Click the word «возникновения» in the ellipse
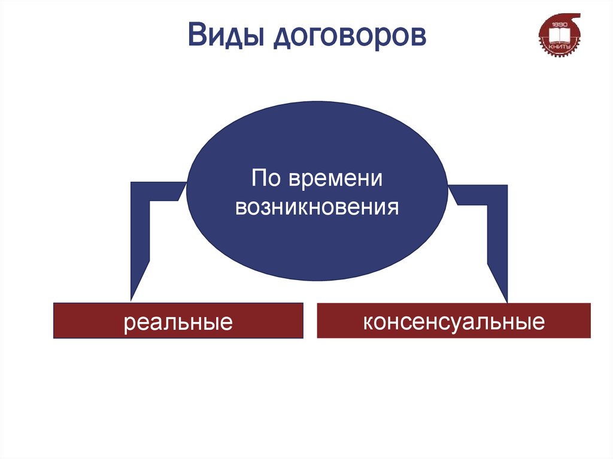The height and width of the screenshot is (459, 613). [317, 207]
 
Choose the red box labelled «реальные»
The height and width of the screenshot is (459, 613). [178, 321]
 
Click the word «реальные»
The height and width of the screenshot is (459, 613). [178, 323]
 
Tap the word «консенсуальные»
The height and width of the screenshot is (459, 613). [453, 321]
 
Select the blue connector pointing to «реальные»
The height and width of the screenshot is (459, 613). [141, 239]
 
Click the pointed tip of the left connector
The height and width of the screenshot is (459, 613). [132, 297]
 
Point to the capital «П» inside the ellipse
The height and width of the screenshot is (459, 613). [257, 178]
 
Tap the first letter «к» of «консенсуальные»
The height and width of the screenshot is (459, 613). [366, 322]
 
